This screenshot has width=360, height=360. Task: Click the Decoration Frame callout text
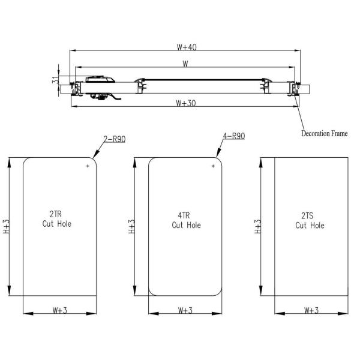click(x=324, y=133)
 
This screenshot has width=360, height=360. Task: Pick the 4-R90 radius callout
click(x=233, y=136)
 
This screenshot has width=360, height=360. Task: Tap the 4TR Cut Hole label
click(x=186, y=220)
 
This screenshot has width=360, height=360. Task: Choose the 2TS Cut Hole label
click(x=310, y=220)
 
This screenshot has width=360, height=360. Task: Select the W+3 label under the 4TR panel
click(x=186, y=310)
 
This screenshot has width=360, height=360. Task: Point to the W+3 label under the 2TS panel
click(x=311, y=310)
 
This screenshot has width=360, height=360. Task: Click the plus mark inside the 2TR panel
click(x=88, y=166)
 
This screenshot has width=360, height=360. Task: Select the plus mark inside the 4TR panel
click(x=213, y=166)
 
